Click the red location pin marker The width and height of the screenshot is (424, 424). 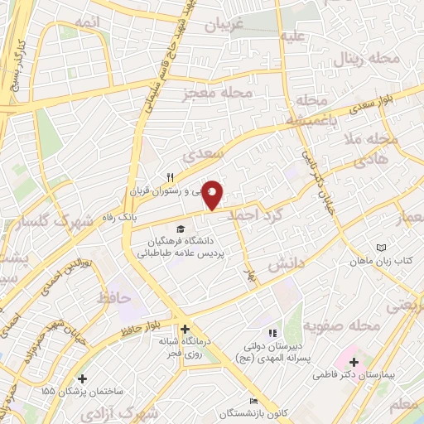[213, 194]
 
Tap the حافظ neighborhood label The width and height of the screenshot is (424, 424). [113, 296]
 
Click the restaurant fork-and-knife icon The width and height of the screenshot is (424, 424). [170, 177]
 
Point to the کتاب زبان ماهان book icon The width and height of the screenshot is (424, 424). [381, 248]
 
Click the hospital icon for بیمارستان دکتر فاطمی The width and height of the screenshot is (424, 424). [354, 362]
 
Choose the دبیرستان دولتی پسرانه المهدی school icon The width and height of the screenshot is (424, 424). [274, 333]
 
